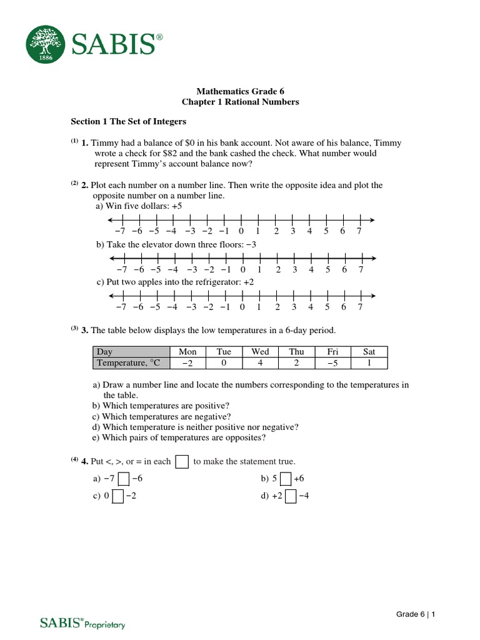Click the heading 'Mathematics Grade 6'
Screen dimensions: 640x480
(240, 91)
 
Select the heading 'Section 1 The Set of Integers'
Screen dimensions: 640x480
(128, 121)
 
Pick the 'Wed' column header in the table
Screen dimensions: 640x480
(260, 352)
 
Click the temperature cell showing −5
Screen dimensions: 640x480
(332, 363)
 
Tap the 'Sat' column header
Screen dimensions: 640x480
(369, 352)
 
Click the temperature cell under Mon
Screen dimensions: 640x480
(187, 363)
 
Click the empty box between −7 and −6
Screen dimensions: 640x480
(124, 479)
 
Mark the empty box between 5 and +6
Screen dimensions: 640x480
(286, 479)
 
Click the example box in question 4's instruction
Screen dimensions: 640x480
(182, 462)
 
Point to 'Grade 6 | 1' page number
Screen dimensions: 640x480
(416, 614)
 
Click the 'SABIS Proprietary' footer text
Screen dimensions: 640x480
(82, 622)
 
